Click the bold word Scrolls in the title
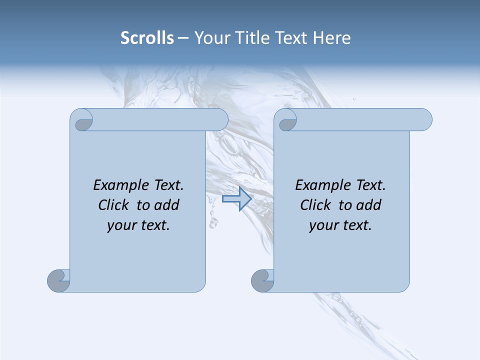pos(147,38)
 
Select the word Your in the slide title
pos(210,38)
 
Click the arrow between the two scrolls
pos(236,199)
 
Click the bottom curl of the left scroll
pos(58,280)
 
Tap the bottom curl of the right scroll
pos(262,280)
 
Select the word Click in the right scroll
pos(315,205)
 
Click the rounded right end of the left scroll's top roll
pos(220,120)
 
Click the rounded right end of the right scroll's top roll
pos(424,120)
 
